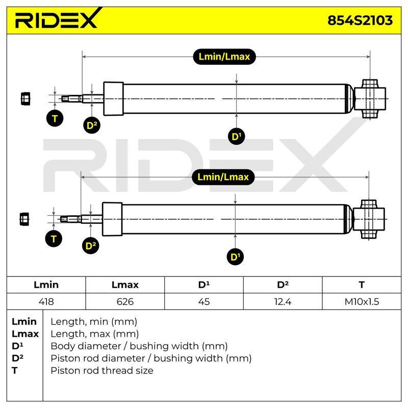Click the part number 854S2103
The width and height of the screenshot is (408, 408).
360,20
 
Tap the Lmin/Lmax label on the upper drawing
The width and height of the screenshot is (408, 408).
224,57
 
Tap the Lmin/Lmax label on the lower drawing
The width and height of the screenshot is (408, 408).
223,177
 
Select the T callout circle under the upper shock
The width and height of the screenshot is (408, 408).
55,118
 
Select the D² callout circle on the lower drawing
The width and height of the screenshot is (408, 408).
91,246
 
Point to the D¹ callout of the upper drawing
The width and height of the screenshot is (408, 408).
236,136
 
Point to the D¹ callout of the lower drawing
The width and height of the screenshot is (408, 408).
235,257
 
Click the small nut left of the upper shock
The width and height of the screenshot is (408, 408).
25,99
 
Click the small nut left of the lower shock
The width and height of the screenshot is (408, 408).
24,219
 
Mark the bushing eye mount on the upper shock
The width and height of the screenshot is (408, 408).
370,99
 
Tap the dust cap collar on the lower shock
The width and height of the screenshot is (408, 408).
112,219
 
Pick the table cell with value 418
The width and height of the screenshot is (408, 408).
46,301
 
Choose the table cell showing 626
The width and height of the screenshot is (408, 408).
125,301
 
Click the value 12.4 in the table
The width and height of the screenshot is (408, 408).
283,301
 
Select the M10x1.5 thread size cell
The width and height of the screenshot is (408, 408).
362,301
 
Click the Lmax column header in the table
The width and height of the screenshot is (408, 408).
125,285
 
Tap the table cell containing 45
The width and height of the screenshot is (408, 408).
203,301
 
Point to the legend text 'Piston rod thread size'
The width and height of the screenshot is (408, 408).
102,371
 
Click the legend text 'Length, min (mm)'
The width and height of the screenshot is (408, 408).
94,322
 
